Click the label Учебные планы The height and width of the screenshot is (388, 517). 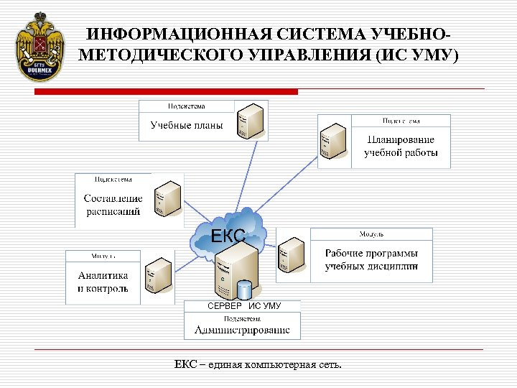tap(187, 126)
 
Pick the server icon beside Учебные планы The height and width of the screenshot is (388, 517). tap(252, 120)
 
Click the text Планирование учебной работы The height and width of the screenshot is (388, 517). tap(401, 146)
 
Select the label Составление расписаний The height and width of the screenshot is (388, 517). tap(113, 205)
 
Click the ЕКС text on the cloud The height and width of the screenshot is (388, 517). tap(228, 234)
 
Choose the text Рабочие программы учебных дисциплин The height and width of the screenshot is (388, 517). tap(371, 260)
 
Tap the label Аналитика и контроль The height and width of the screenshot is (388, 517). tap(103, 282)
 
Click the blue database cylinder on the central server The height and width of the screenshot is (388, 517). tap(245, 289)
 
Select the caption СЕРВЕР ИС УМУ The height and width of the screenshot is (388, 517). tap(243, 306)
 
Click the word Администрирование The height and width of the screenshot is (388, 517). tap(243, 331)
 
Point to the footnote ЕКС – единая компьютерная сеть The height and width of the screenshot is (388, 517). tap(258, 365)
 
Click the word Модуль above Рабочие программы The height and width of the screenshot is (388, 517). tap(371, 234)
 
